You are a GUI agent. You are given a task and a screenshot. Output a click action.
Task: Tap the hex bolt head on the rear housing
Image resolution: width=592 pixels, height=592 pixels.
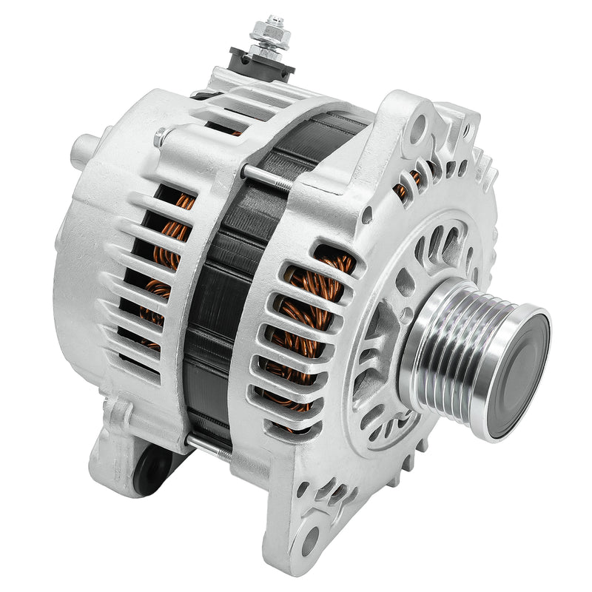(x=160, y=137)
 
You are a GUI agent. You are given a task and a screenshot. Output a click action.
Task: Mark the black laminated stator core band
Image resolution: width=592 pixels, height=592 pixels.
(x=222, y=296)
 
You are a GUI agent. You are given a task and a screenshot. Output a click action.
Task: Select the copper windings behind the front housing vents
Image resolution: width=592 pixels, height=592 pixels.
(x=311, y=326)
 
